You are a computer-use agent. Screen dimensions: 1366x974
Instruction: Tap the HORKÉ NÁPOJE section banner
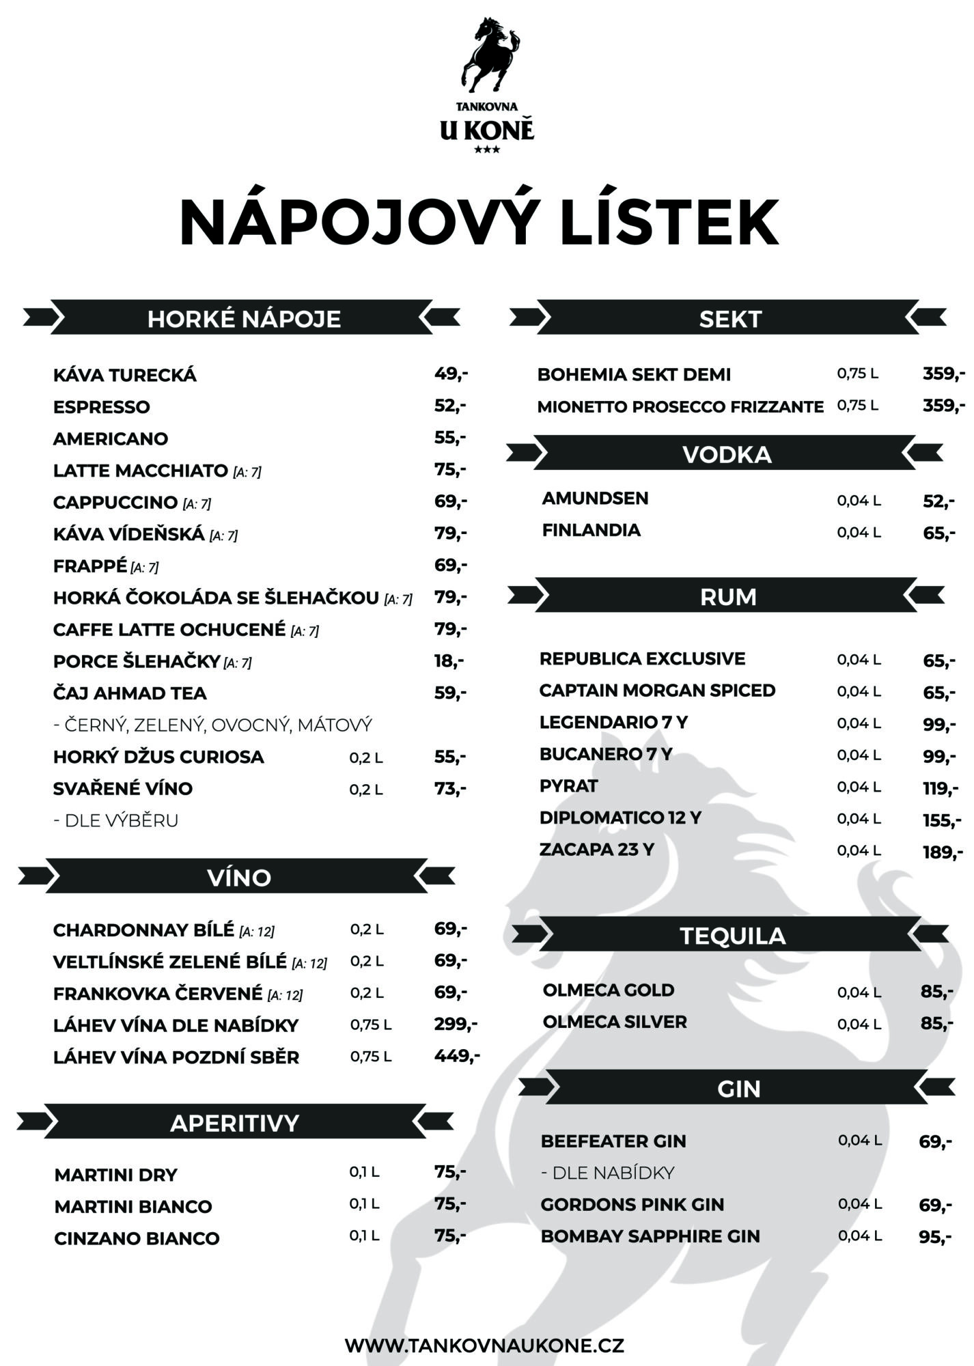(244, 319)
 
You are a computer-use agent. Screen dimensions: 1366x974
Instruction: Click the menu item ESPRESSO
(101, 406)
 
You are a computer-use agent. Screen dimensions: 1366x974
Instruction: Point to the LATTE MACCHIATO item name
(140, 471)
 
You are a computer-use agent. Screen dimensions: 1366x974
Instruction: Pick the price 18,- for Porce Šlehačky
(449, 660)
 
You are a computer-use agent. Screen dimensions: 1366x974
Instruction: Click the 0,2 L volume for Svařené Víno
(365, 789)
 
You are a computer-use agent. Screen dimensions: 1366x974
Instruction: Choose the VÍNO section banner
(238, 877)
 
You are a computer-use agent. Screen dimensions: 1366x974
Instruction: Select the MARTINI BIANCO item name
(133, 1206)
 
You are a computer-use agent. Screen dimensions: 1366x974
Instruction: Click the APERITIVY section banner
(234, 1123)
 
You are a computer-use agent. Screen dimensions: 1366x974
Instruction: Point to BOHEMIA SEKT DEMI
(634, 374)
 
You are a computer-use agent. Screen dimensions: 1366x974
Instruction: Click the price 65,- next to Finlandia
(939, 532)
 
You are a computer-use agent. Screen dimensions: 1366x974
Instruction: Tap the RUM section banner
(728, 597)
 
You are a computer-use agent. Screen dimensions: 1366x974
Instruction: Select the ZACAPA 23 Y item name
(596, 849)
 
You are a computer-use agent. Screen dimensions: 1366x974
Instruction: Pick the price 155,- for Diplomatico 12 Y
(942, 820)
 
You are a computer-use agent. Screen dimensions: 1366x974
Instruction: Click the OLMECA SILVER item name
(615, 1022)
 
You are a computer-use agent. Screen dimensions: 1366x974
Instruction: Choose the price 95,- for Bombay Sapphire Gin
(935, 1236)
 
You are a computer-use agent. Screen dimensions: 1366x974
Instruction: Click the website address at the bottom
(484, 1346)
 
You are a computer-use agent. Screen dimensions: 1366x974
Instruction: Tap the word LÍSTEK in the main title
(669, 223)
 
